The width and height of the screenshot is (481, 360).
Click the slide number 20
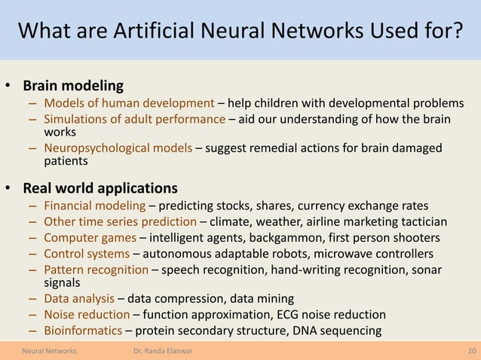(x=471, y=351)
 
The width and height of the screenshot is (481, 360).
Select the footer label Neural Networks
(x=53, y=351)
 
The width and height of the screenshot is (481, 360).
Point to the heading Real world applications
(x=100, y=188)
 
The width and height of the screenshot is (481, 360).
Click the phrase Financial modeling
(x=94, y=206)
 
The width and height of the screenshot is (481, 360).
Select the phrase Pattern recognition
(x=96, y=269)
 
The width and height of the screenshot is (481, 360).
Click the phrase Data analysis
(x=79, y=299)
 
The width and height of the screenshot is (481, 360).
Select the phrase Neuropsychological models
(x=118, y=148)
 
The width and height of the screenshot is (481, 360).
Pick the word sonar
(x=427, y=269)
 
